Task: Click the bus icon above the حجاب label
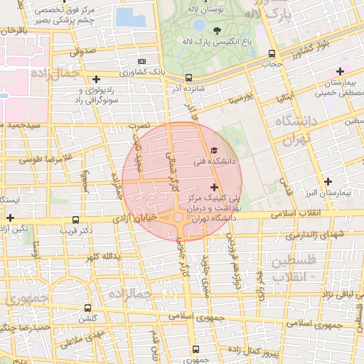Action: (272, 54)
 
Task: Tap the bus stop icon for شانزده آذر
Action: (188, 78)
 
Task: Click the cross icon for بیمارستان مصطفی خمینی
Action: (340, 71)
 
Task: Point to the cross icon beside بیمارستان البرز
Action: (328, 181)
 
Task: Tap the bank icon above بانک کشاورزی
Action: (141, 62)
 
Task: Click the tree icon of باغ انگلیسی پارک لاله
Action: (217, 30)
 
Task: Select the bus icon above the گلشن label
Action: (87, 309)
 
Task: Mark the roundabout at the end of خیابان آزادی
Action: (177, 218)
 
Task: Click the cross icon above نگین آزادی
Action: (10, 218)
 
